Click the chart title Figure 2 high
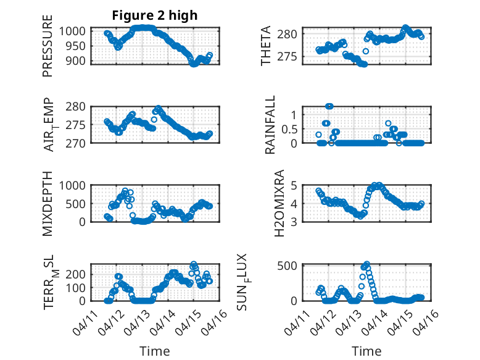[154, 16]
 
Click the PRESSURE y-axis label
[48, 50]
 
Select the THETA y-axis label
[266, 46]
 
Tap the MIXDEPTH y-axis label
[48, 203]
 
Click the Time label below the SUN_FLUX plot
[366, 351]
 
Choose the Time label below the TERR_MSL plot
[155, 351]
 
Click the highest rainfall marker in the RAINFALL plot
[329, 106]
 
